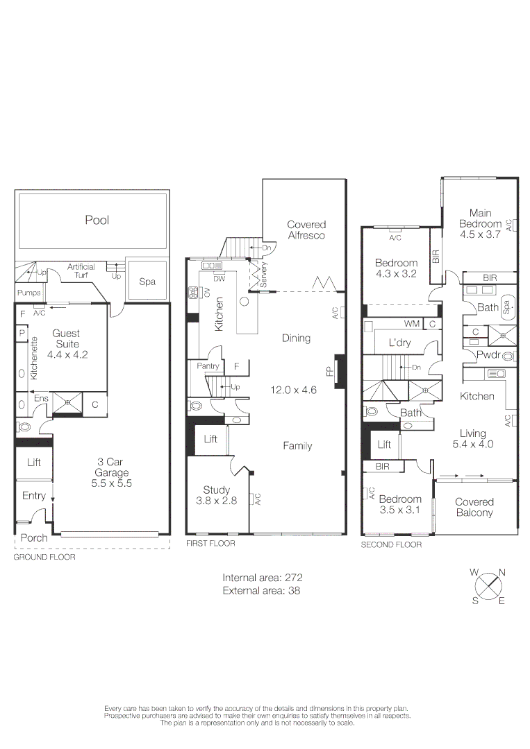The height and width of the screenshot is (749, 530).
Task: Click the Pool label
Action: pyautogui.click(x=97, y=220)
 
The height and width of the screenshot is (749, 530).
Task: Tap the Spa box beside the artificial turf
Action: pyautogui.click(x=147, y=282)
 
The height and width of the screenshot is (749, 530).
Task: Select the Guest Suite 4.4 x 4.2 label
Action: pyautogui.click(x=66, y=343)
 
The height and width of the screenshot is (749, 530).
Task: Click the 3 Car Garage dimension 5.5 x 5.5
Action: pyautogui.click(x=111, y=483)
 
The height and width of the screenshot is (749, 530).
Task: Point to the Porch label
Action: pyautogui.click(x=33, y=537)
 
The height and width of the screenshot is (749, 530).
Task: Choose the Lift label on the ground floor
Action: pyautogui.click(x=34, y=462)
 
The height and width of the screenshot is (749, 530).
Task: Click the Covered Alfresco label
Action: pyautogui.click(x=306, y=230)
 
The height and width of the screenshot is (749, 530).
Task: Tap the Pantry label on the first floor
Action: pyautogui.click(x=208, y=366)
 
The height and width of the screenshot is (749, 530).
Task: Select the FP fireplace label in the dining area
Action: pyautogui.click(x=330, y=371)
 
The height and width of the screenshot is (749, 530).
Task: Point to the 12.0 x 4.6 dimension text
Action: pyautogui.click(x=293, y=390)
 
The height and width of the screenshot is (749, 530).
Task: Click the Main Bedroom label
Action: pyautogui.click(x=479, y=218)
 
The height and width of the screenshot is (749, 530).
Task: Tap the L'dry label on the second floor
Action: pyautogui.click(x=401, y=343)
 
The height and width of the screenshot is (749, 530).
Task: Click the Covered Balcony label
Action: pyautogui.click(x=474, y=507)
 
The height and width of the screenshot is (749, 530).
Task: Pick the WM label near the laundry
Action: pyautogui.click(x=413, y=324)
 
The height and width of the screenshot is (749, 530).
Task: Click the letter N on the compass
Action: pyautogui.click(x=502, y=572)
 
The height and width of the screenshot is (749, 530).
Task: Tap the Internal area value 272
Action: pyautogui.click(x=292, y=577)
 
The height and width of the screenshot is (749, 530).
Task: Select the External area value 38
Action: pyautogui.click(x=295, y=591)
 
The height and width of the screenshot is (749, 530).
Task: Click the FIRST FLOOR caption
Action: pyautogui.click(x=210, y=544)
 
